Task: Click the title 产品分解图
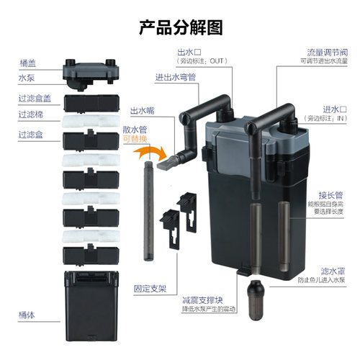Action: tap(180, 27)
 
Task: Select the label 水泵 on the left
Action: tap(26, 77)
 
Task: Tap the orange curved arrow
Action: tap(149, 154)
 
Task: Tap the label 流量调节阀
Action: tap(325, 53)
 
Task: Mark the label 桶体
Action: tap(26, 314)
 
